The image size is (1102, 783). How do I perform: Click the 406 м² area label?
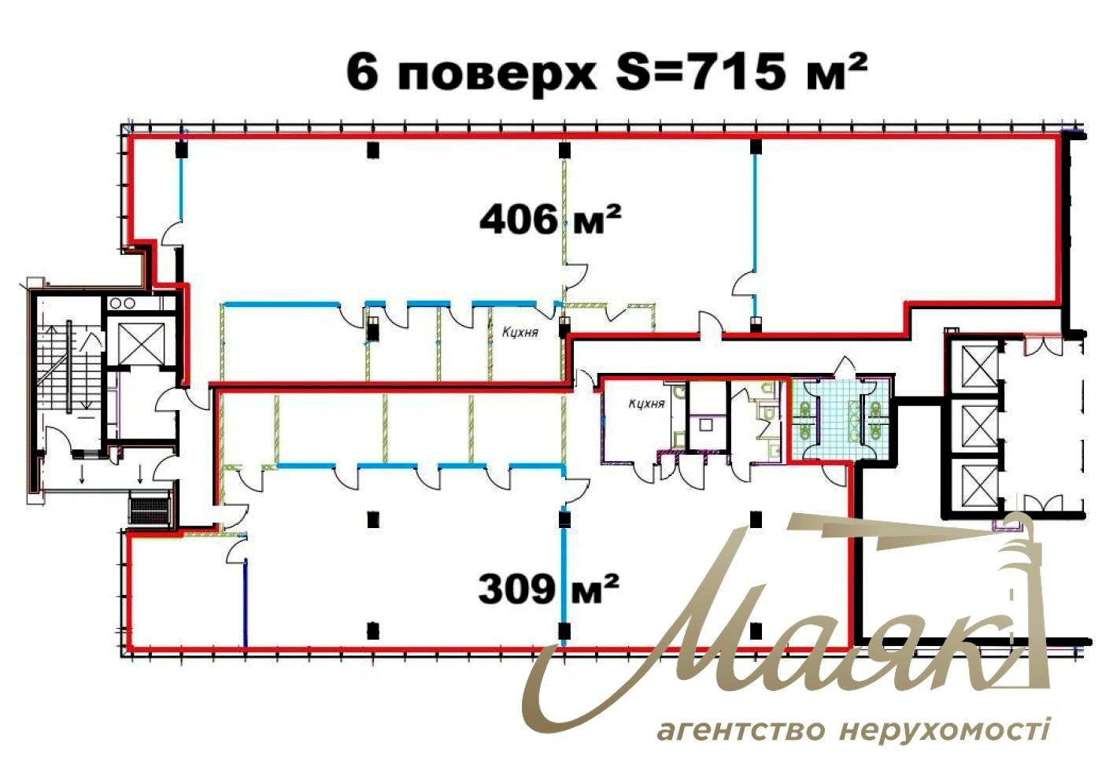point(550,220)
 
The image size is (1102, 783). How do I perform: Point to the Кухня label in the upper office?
point(520,332)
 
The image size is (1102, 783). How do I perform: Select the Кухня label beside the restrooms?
point(646,404)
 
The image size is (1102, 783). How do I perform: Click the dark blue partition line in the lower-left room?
point(246,602)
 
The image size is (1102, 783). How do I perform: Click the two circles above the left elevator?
point(122,303)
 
